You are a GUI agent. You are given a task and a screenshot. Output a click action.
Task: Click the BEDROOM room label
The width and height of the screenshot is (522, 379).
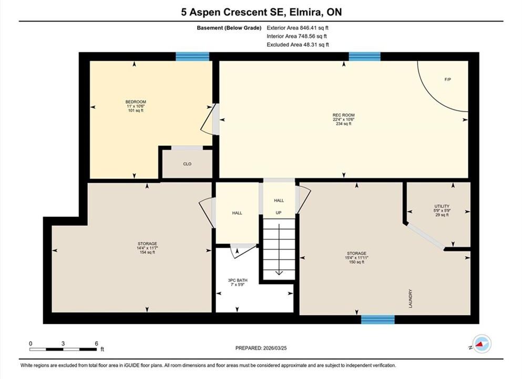click(136, 102)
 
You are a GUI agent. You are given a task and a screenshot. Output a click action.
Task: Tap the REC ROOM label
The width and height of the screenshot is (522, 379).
click(344, 115)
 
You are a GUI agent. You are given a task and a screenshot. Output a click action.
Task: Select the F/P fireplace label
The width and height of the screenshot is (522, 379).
click(448, 79)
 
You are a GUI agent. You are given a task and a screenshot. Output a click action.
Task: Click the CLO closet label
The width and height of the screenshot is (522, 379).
click(187, 164)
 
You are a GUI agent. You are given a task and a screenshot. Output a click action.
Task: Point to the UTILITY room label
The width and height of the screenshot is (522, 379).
click(442, 206)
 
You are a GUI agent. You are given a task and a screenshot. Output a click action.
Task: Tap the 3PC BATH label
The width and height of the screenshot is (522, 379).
click(238, 281)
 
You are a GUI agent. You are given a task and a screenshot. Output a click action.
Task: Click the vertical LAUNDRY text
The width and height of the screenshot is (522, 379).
click(411, 298)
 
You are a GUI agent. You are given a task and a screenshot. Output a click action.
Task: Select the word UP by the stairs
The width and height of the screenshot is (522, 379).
click(278, 213)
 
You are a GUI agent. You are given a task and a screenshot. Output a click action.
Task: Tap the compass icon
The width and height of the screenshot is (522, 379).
click(482, 344)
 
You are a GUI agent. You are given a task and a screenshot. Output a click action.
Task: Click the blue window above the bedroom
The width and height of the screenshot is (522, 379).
click(192, 56)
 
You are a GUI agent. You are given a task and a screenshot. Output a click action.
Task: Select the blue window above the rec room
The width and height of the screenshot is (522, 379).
click(364, 56)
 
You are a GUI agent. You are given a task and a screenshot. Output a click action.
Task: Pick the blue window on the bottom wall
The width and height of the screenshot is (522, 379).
click(378, 320)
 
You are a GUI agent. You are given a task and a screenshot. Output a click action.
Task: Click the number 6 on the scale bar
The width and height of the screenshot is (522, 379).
click(97, 343)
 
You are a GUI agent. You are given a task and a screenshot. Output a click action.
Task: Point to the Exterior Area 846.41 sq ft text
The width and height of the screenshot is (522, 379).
click(298, 28)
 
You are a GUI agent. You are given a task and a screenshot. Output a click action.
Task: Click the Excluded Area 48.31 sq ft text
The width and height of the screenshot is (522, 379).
click(298, 45)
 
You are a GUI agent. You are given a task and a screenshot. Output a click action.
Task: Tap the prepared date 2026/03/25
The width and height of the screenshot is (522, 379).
click(274, 348)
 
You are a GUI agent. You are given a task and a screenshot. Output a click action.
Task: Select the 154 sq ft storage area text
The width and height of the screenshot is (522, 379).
click(147, 252)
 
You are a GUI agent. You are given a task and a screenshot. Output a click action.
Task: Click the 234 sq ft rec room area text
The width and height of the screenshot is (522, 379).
click(344, 124)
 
